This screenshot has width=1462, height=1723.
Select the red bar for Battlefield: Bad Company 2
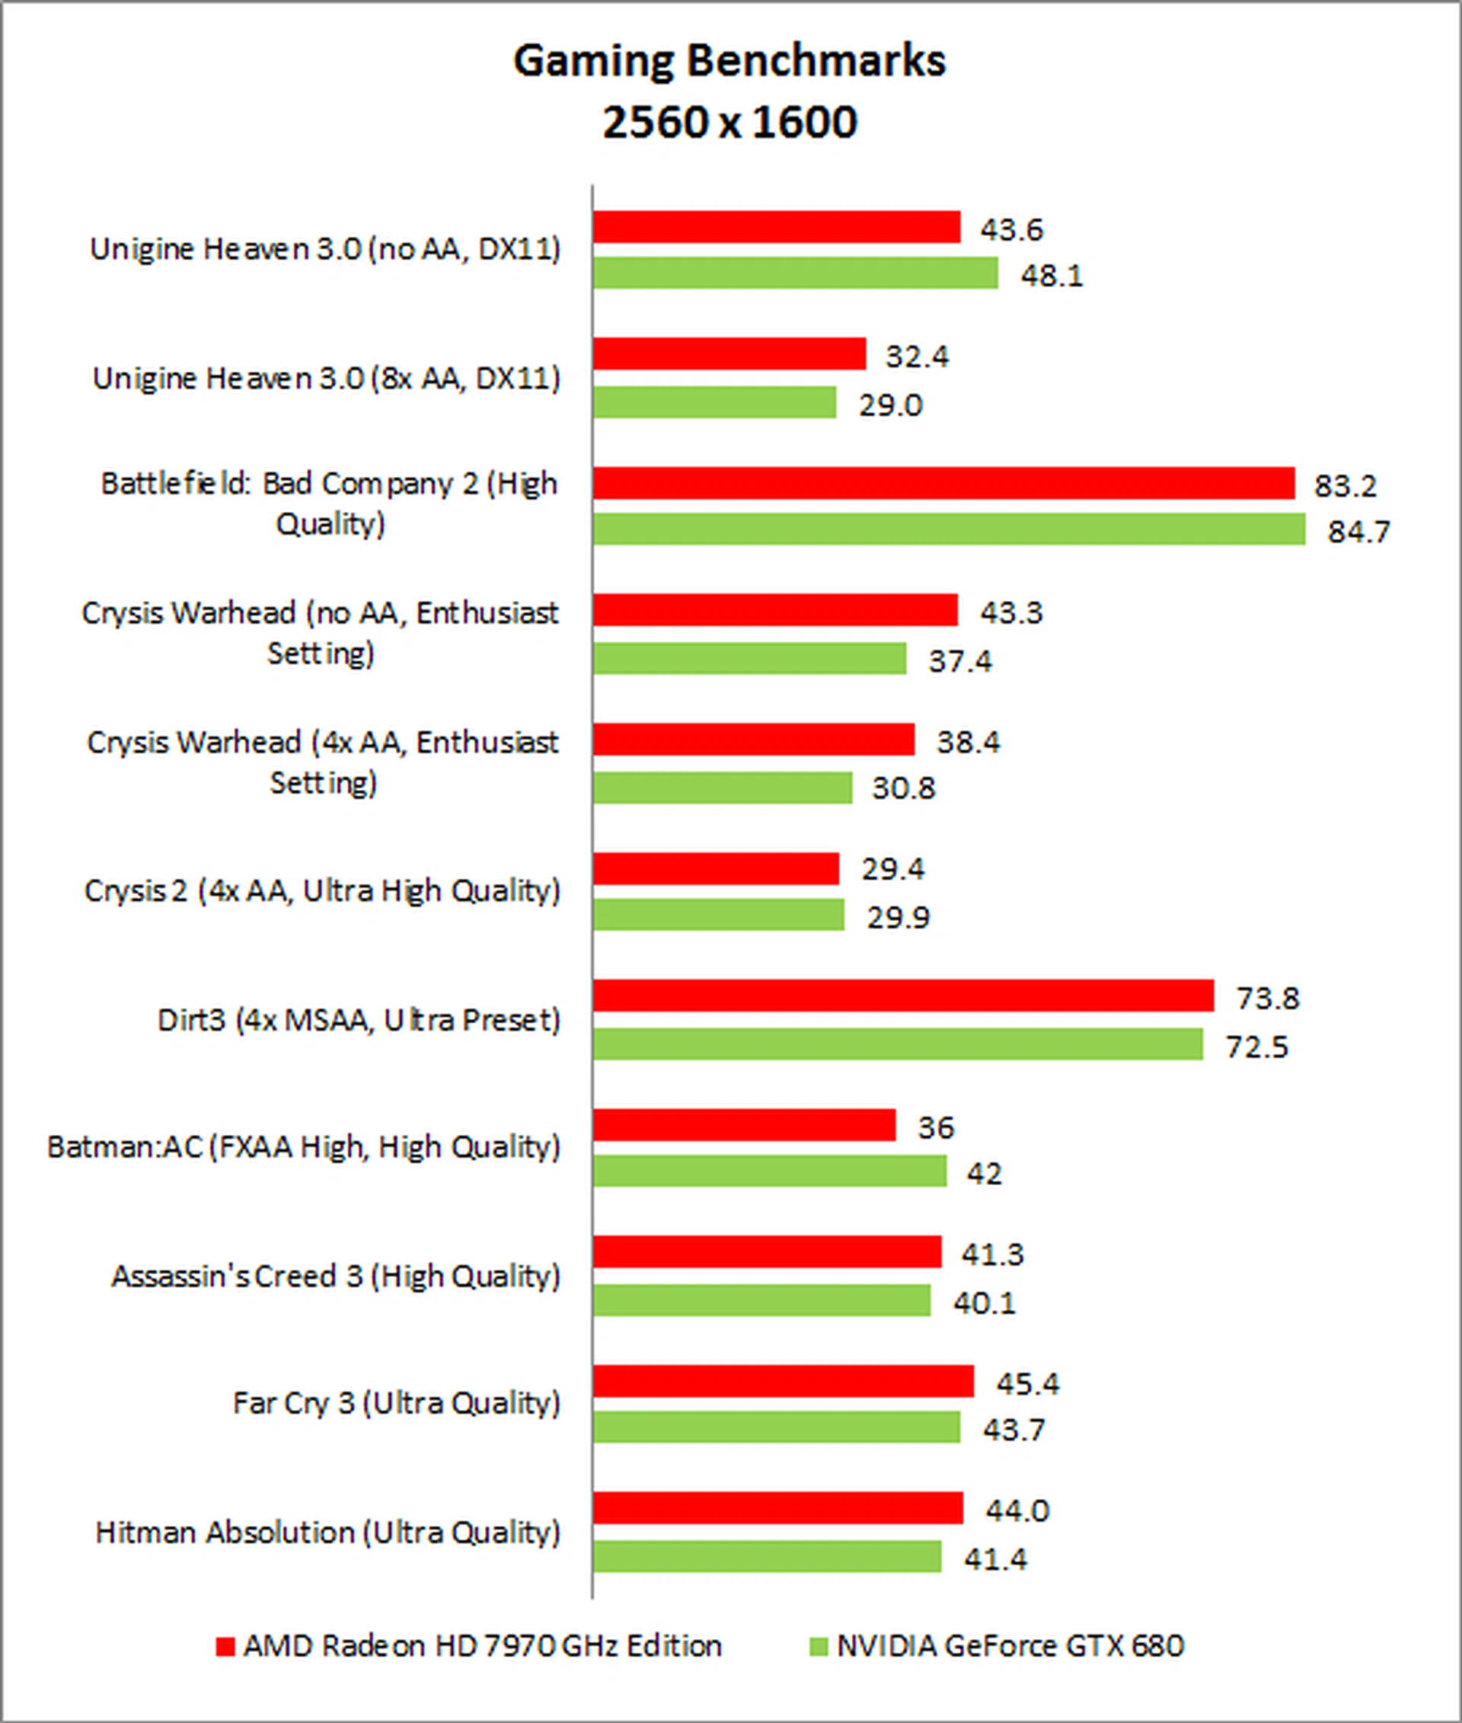(x=943, y=484)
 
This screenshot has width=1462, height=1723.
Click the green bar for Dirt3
(x=898, y=1044)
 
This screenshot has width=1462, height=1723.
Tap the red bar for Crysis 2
(x=716, y=868)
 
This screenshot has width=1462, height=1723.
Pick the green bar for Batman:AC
(x=770, y=1171)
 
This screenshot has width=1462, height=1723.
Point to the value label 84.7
(x=1358, y=531)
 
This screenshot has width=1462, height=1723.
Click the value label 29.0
(x=890, y=404)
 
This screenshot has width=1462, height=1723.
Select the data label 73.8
(x=1267, y=998)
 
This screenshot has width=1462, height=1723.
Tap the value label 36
(x=936, y=1127)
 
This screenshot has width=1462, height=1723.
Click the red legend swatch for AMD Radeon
(x=225, y=1646)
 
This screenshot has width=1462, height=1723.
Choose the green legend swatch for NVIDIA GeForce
(x=818, y=1646)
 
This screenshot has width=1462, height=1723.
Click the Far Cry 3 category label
(x=396, y=1402)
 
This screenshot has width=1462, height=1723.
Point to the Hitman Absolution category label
(x=327, y=1532)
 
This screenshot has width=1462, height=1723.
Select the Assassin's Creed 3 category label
(x=336, y=1275)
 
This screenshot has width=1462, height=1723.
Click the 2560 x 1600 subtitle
(x=729, y=123)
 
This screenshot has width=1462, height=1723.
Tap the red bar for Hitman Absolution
(x=777, y=1508)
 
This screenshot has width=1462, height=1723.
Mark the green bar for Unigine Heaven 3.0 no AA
(x=796, y=273)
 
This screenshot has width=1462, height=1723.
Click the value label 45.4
(x=1028, y=1383)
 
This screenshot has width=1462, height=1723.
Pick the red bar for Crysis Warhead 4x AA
(x=753, y=740)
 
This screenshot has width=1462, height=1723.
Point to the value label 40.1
(x=984, y=1303)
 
